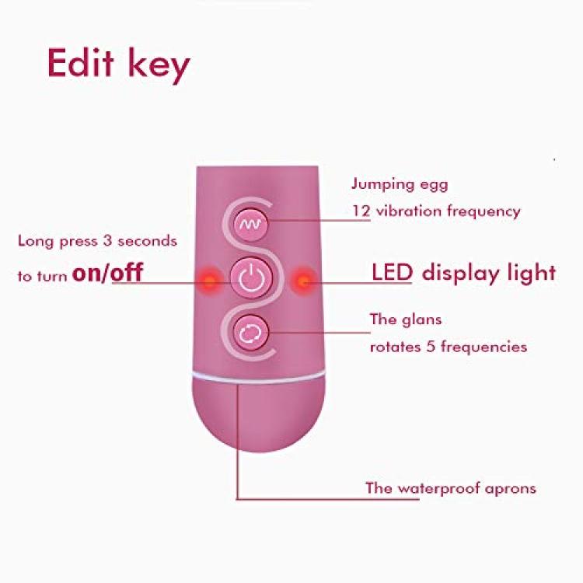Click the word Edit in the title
pos(80,62)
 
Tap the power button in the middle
pos(251,278)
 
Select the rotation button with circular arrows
pos(250,333)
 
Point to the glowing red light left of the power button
pos(210,281)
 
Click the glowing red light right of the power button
pos(303,281)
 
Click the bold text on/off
pos(107,273)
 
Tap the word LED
pos(393,272)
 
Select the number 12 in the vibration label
pos(361,211)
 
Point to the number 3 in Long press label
pos(107,240)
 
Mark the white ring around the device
pos(258,377)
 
